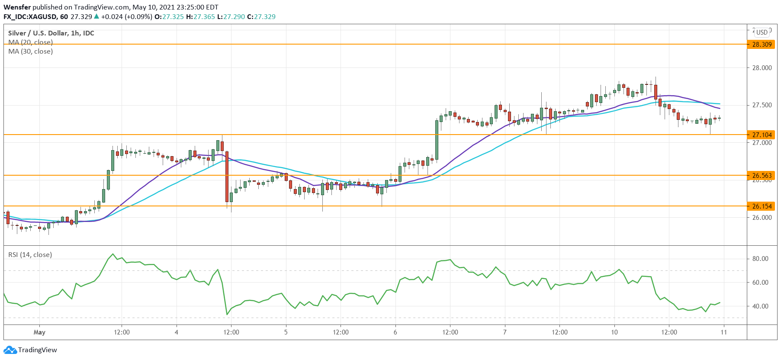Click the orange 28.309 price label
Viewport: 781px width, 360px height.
coord(762,44)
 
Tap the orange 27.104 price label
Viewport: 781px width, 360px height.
coord(762,135)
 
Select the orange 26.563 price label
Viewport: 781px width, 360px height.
coord(762,175)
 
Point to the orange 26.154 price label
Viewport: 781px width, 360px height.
coord(762,206)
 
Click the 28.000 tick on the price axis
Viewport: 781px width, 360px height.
coord(762,68)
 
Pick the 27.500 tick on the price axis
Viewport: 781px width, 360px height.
coord(762,105)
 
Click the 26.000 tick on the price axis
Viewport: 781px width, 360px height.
coord(762,218)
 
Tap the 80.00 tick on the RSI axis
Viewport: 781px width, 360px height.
coord(760,259)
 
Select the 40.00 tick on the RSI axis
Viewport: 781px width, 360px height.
coord(760,306)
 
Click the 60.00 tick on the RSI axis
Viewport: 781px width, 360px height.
coord(760,283)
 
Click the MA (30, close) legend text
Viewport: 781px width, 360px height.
coord(30,51)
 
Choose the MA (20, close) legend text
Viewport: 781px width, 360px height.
coord(30,42)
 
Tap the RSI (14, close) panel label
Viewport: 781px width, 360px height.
coord(30,255)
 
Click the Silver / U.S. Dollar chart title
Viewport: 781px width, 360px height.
coord(51,33)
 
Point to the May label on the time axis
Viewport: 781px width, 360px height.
coord(39,332)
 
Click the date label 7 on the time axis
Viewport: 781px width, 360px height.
coord(505,332)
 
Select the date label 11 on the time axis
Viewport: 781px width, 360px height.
coord(723,332)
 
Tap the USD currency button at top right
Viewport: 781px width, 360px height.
coord(762,32)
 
